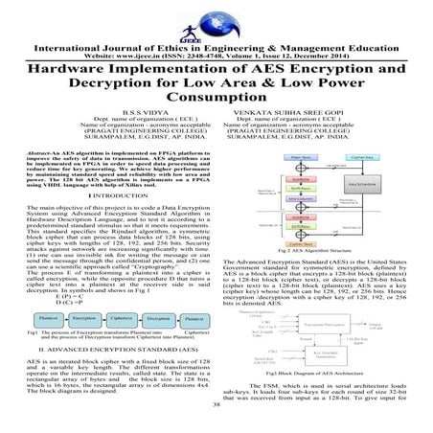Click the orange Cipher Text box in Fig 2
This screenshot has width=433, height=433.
pyautogui.click(x=273, y=244)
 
